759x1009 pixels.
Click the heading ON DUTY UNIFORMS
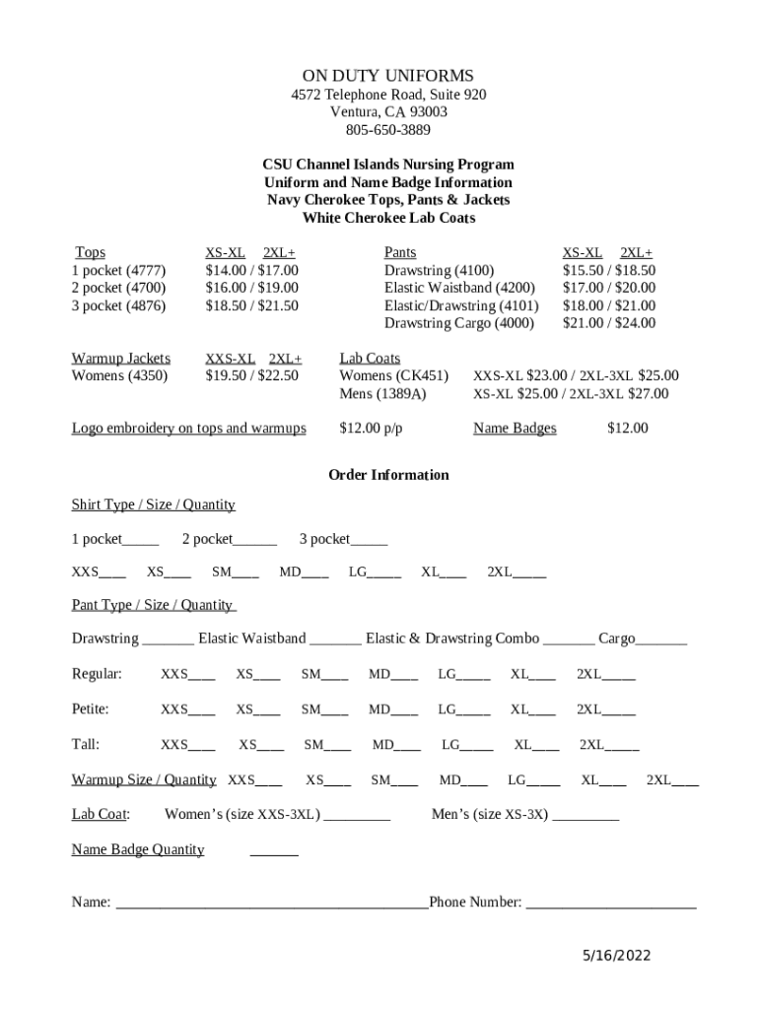[387, 76]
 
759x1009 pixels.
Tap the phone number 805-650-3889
[387, 130]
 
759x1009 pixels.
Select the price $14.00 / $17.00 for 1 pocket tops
[251, 270]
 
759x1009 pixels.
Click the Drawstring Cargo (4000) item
[458, 323]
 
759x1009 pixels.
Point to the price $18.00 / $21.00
[608, 305]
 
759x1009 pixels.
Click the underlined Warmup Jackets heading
[120, 358]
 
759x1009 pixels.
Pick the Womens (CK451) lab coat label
[393, 375]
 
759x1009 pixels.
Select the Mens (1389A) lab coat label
[382, 393]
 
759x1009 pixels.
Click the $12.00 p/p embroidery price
[371, 428]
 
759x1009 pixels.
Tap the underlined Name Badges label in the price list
[515, 428]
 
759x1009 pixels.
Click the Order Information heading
[388, 475]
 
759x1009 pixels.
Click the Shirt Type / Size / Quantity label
[153, 504]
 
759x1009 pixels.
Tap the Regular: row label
[97, 674]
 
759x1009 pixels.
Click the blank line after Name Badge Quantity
[274, 852]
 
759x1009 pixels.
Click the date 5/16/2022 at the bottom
[616, 956]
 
